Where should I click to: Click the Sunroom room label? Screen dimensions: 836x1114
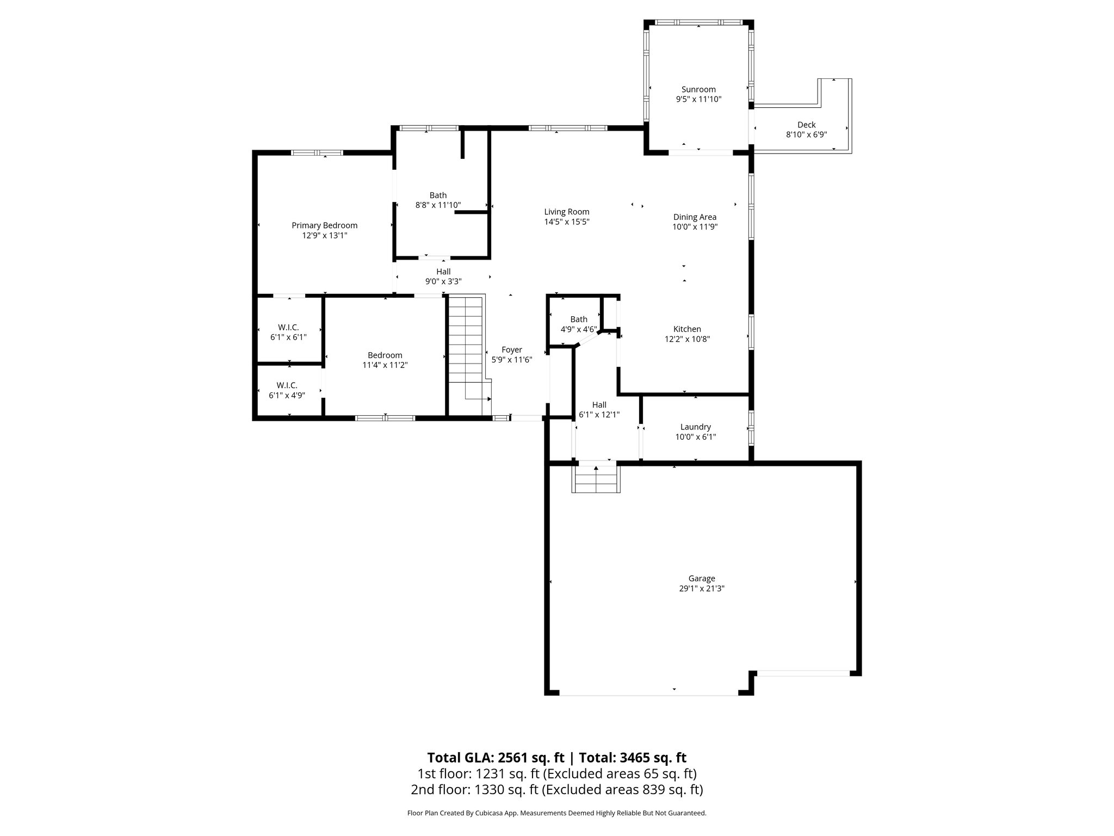click(698, 89)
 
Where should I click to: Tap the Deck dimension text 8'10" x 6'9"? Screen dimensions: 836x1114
click(806, 134)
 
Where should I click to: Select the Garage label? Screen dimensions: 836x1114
click(701, 579)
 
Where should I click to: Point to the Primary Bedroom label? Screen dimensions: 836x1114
click(324, 225)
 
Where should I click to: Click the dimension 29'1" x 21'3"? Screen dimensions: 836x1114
click(701, 588)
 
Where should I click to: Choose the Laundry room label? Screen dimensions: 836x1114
click(695, 427)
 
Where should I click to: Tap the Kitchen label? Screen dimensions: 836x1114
click(687, 329)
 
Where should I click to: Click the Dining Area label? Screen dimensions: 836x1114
click(695, 217)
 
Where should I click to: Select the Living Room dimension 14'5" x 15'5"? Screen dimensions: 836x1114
click(567, 222)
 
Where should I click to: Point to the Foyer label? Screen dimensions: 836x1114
click(511, 349)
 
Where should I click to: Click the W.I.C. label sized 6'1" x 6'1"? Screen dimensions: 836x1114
click(288, 327)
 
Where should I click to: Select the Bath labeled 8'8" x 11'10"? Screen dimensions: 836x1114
click(438, 195)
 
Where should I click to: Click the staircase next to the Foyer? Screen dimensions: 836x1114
click(466, 348)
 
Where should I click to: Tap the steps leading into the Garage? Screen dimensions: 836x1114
click(596, 479)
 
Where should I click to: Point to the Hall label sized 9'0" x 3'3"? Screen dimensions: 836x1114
click(443, 272)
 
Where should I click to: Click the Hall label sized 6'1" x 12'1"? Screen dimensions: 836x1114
click(599, 405)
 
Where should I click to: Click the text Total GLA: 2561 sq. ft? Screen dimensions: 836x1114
click(497, 758)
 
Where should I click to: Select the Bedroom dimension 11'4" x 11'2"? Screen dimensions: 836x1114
click(385, 365)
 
